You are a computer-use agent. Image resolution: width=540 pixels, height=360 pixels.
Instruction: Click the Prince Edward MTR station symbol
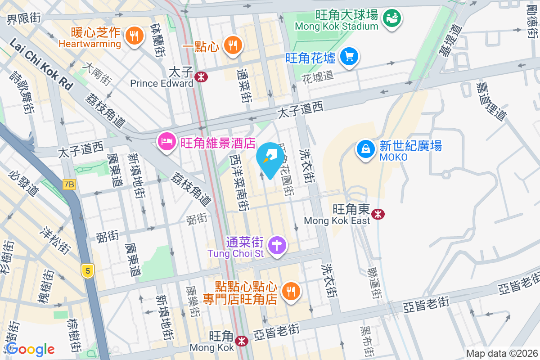[x=201, y=77]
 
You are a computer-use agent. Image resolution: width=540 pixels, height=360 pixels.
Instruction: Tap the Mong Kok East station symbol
[x=378, y=215]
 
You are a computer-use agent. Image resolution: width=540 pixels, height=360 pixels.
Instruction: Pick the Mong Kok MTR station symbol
[x=242, y=341]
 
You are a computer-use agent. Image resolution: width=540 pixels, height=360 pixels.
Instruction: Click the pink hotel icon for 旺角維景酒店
[x=166, y=142]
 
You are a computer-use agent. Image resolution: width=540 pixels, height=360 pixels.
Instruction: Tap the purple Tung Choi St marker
[x=277, y=246]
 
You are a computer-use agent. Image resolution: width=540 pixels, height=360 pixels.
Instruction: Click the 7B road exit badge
[x=69, y=184]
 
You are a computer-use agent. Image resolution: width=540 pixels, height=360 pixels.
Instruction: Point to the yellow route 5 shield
[x=88, y=270]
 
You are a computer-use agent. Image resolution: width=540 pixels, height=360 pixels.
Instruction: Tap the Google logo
[x=30, y=349]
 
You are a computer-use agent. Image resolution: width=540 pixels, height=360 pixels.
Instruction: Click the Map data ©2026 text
[x=502, y=353]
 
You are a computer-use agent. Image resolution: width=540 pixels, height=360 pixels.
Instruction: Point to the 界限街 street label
[x=23, y=19]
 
